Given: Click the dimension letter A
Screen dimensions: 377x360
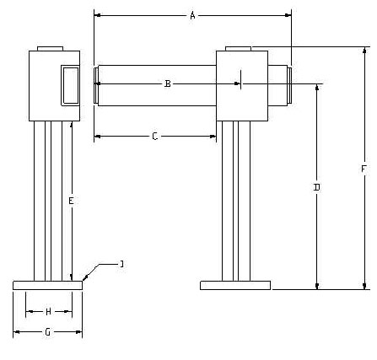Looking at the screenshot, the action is [192, 15].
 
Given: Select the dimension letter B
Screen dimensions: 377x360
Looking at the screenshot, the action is [167, 83].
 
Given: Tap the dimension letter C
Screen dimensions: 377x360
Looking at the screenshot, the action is [154, 137].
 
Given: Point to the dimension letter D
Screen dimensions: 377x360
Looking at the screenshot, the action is [316, 187].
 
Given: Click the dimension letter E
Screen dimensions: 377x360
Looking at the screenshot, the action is [71, 201].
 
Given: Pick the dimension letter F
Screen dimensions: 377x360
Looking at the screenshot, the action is [364, 169].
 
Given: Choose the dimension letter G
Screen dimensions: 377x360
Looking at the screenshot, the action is [48, 332].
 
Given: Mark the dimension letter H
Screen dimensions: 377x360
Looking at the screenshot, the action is [48, 311].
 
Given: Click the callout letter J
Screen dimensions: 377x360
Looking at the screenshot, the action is [121, 264].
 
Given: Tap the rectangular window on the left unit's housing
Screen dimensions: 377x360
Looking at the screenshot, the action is [70, 85].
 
